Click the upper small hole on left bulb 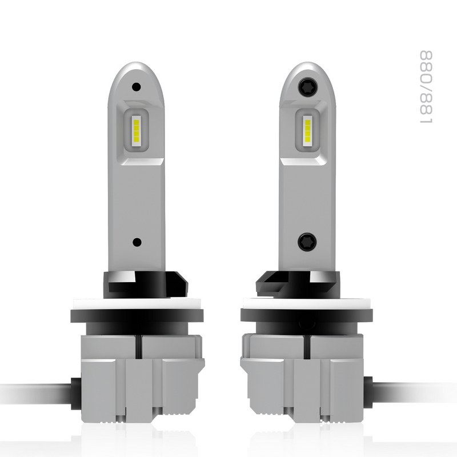(x=136, y=87)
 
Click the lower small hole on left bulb (x=136, y=242)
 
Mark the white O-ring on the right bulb (x=308, y=303)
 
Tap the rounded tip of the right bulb (x=307, y=67)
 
